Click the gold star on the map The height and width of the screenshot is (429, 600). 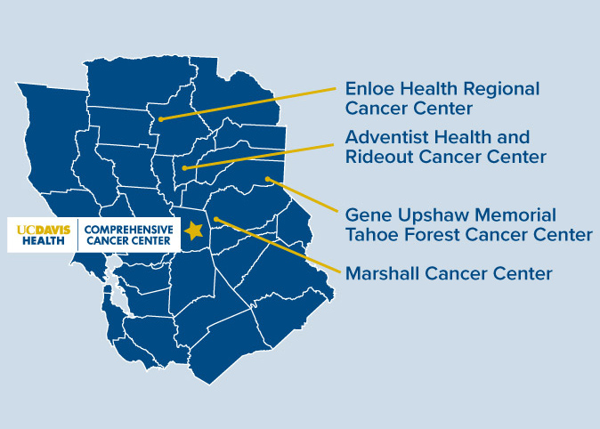193,231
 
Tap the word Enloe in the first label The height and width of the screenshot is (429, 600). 369,89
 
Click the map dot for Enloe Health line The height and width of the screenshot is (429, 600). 160,117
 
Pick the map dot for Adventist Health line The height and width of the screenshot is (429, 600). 184,167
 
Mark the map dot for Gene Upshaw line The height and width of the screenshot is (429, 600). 268,179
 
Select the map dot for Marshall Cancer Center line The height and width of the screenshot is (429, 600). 215,218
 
